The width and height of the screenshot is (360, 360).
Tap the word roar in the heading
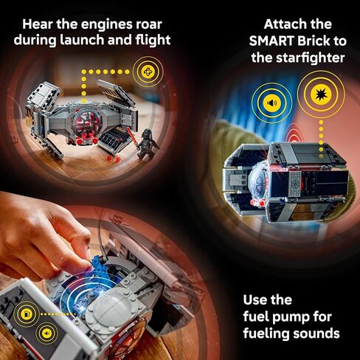[149, 24]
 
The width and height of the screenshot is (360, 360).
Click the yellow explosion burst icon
[321, 94]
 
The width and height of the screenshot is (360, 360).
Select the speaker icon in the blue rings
[271, 103]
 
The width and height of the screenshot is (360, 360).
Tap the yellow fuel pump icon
[25, 314]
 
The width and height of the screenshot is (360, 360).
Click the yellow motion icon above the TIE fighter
[148, 72]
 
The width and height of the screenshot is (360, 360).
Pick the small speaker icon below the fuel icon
[46, 333]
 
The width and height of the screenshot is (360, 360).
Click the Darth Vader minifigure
[148, 142]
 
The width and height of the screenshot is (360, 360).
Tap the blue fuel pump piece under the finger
[98, 263]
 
